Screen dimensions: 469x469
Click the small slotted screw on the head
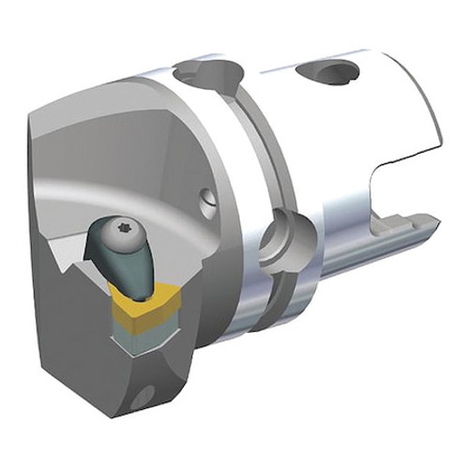[207, 200]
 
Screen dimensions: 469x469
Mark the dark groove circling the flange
[246, 188]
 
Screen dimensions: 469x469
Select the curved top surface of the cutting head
[141, 103]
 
